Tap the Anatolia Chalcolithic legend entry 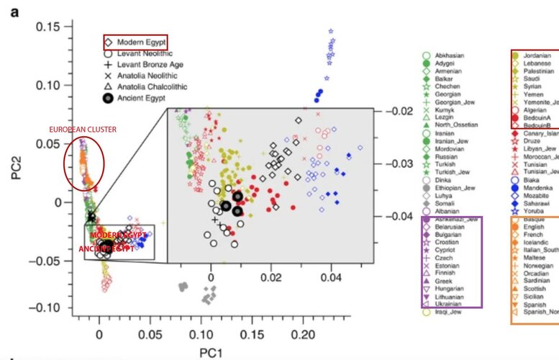148,86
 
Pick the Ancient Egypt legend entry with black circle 140,97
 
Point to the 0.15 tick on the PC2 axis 49,27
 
